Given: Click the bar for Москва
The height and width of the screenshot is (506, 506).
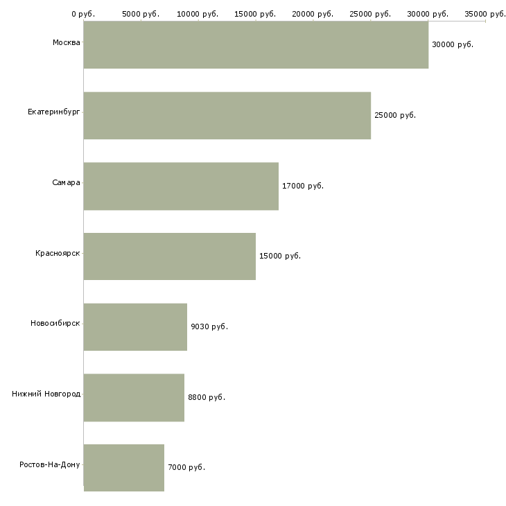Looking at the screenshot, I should coord(256,44).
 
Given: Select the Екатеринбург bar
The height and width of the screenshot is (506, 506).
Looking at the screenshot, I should coord(227,115).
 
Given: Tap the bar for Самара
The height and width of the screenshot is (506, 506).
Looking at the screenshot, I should coord(181,186).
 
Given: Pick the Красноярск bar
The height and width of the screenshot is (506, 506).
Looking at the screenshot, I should coord(169,256).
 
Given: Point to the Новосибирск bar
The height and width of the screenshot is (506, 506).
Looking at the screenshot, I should coord(135,326).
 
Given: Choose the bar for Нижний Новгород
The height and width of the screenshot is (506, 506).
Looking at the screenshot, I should coord(134,397).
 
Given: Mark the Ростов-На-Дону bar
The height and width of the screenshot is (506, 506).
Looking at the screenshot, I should coord(123,468).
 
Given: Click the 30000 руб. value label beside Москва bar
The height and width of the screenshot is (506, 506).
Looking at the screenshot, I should coord(452,44).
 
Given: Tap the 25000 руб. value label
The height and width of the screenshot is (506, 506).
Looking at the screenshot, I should coord(394,115).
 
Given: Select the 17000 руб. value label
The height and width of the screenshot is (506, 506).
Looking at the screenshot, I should coord(302,186).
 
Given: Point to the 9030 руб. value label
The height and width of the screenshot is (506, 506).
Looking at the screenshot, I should coord(209,326).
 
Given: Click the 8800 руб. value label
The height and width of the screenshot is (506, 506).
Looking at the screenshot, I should coord(206,397).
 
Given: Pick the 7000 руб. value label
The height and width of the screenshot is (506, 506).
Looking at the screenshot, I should coord(186,468).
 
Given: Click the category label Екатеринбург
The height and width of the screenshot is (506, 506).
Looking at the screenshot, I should coord(54,112).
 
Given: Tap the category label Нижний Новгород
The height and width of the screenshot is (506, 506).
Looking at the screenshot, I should coord(46,394).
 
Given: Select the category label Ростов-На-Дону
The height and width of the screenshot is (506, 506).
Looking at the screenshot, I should coord(50,464).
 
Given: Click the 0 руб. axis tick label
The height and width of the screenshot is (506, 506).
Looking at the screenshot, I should coord(82,14).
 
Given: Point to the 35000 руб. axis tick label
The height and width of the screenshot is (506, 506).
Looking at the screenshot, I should coord(485,14).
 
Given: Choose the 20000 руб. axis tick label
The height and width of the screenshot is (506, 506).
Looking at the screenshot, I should coord(313,14).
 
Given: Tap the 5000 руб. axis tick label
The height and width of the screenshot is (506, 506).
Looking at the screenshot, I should coord(140,14).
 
